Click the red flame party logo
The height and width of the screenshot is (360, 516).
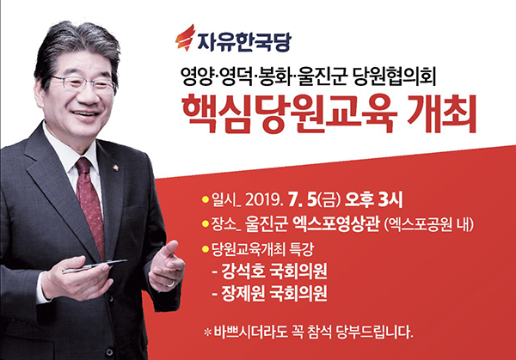tap(185, 38)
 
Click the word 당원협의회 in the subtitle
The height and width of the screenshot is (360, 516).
tap(395, 78)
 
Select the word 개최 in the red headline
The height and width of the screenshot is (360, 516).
tap(442, 113)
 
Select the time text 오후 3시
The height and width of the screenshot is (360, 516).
tap(373, 199)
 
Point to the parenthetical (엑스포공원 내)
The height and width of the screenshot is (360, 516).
tap(429, 225)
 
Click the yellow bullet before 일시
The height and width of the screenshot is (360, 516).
tap(206, 199)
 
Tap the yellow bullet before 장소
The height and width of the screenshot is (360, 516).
tap(206, 224)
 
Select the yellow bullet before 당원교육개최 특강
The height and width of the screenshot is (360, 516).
tap(206, 249)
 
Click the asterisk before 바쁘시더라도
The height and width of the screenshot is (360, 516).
tap(207, 333)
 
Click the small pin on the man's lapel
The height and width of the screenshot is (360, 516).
tap(116, 168)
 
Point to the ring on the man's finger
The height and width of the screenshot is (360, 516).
tap(171, 283)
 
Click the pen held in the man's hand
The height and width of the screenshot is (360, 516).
tap(95, 266)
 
